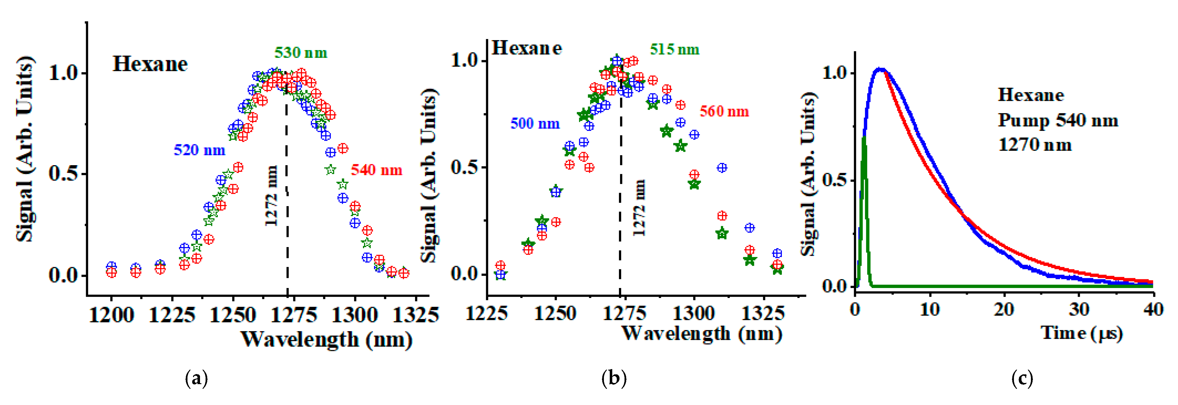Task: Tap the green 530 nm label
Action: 301,53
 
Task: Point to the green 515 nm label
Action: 674,49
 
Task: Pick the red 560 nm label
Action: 724,111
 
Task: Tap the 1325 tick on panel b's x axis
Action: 763,313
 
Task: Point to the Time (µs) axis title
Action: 1082,333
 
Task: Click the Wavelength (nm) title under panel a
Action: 326,339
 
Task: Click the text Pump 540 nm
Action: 1058,120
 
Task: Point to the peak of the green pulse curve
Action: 864,138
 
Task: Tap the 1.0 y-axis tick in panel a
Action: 64,73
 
